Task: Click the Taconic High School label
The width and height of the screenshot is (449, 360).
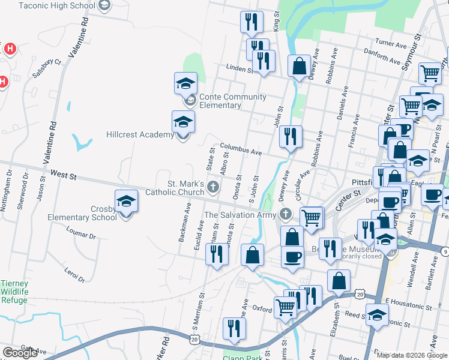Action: (57, 5)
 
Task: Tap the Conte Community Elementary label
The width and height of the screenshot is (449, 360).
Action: (232, 101)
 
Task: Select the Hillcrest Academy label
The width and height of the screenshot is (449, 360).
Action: (140, 134)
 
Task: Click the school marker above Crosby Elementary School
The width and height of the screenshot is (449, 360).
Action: (126, 202)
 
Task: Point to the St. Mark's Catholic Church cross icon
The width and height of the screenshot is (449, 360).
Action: (212, 188)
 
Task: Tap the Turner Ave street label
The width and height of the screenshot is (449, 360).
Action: (391, 44)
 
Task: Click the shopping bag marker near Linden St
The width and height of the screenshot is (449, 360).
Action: (298, 67)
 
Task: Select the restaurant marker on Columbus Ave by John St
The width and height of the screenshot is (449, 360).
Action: (290, 136)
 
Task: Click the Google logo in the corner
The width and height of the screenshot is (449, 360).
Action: (20, 353)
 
